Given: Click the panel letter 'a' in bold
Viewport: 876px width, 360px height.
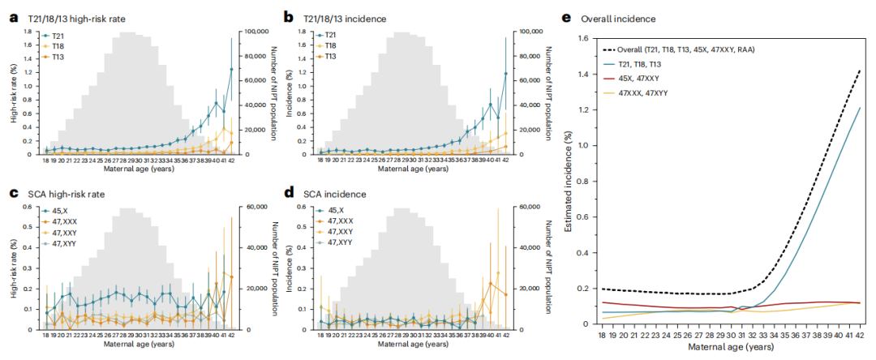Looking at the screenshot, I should click(x=14, y=17).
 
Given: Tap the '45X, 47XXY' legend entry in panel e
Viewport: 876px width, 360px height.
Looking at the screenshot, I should click(x=636, y=79).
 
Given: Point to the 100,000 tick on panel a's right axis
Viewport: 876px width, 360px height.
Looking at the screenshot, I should click(x=256, y=31).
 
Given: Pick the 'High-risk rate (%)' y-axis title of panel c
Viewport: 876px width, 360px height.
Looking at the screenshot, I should click(x=14, y=268).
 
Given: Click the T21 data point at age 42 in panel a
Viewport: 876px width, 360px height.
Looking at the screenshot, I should click(x=231, y=70).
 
